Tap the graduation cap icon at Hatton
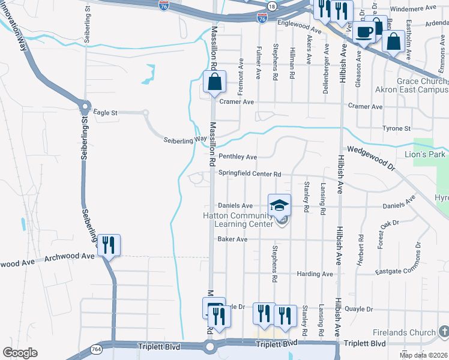[279, 206]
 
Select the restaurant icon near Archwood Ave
[109, 245]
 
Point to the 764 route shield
[96, 349]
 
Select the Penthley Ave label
[238, 157]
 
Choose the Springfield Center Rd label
[249, 174]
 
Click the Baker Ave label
[232, 239]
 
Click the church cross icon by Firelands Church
[443, 332]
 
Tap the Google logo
[20, 353]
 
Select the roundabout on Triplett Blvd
[209, 347]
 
